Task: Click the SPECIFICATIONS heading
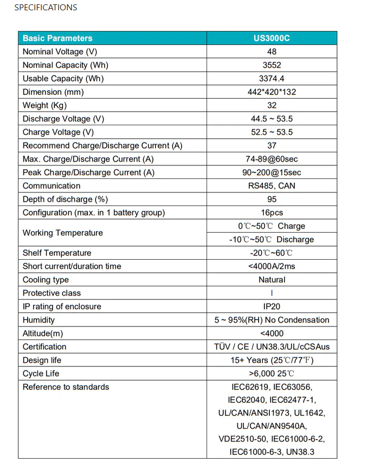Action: [46, 8]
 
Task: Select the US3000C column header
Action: [272, 38]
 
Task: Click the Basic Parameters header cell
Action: [57, 38]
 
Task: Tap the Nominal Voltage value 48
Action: [272, 52]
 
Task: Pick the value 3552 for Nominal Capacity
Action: [272, 65]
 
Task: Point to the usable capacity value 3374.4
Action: [272, 79]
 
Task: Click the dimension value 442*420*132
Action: [272, 92]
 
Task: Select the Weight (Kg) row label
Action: [44, 105]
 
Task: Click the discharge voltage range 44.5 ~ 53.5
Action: [272, 119]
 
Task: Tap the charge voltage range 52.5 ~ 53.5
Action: [272, 132]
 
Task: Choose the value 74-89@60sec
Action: [272, 159]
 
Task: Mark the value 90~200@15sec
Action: [272, 172]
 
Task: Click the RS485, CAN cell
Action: [272, 186]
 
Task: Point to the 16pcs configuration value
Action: [272, 213]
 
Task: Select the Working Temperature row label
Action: [62, 233]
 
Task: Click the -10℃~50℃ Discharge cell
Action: [272, 240]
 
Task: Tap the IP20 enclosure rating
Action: [272, 306]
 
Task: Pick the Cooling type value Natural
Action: [272, 280]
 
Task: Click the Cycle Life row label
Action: [41, 374]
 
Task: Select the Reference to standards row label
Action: [66, 387]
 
